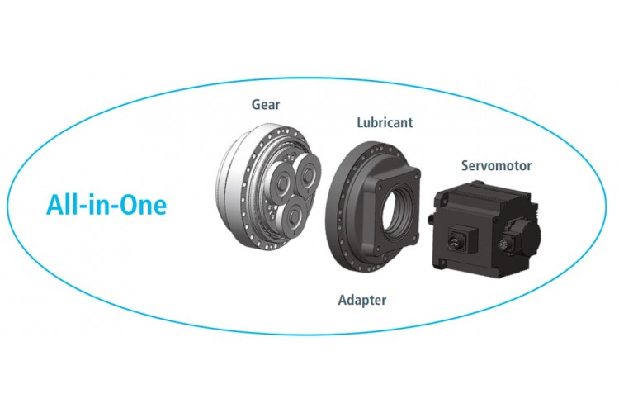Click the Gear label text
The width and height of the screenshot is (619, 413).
point(266,105)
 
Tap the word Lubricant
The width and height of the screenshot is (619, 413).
point(385,123)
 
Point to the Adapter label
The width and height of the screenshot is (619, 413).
point(361,299)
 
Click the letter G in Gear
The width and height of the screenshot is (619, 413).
point(256,105)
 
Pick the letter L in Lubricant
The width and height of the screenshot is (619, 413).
point(361,123)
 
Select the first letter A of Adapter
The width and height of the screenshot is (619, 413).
point(343,299)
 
